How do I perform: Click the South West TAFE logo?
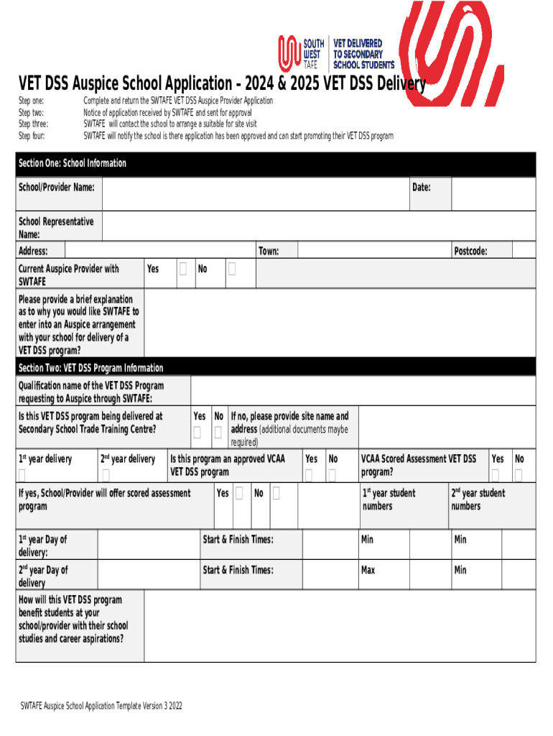tap(302, 53)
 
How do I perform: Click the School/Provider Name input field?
tap(255, 194)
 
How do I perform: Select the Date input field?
tap(493, 194)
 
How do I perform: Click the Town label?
tap(269, 251)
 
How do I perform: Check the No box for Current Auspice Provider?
tap(232, 269)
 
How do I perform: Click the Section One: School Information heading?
tap(72, 164)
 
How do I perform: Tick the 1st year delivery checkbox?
tap(22, 474)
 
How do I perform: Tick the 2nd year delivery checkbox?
tap(106, 474)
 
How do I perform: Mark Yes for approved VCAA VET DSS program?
tap(309, 474)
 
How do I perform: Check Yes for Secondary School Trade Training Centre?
tap(197, 432)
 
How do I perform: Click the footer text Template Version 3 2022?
tap(101, 706)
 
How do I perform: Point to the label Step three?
tap(33, 124)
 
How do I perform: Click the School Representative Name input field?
tap(318, 227)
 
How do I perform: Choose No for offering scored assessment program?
tap(276, 493)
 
